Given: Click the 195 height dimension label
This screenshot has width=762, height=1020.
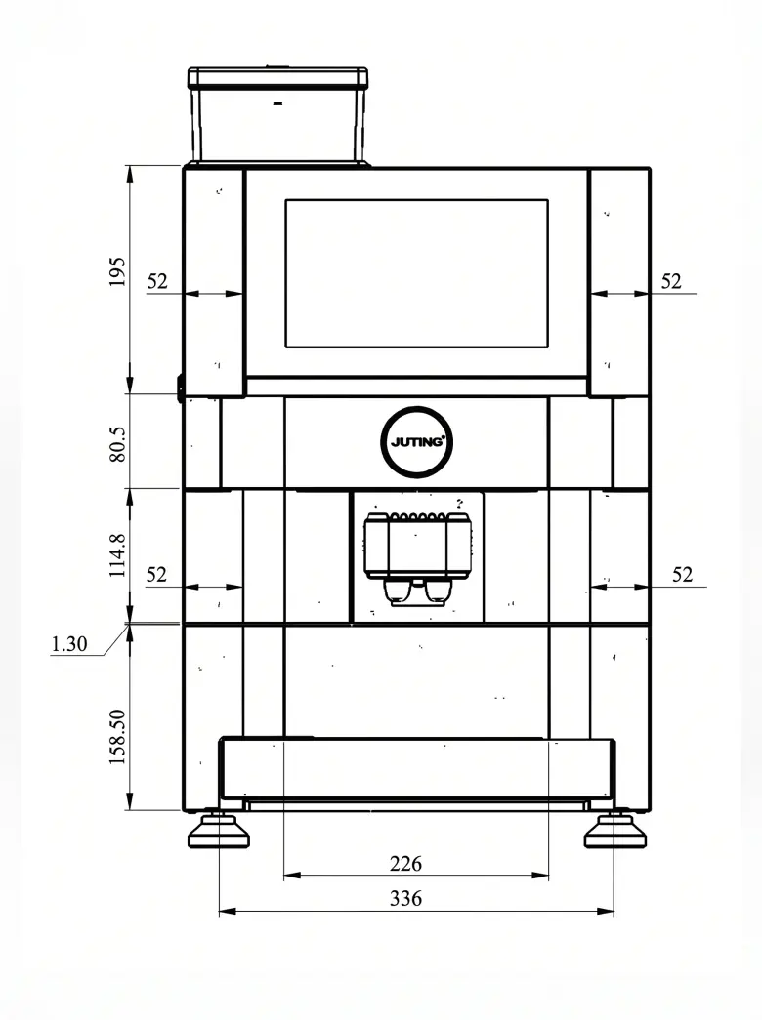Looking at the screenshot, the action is [x=116, y=272].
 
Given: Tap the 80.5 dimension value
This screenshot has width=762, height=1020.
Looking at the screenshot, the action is [x=117, y=444].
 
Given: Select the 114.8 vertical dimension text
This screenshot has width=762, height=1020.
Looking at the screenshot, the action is [x=117, y=555].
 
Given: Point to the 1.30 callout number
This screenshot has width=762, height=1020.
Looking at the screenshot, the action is [x=69, y=644].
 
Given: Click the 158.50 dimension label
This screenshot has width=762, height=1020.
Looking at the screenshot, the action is [x=117, y=736].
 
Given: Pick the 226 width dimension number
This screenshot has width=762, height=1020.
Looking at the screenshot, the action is [x=405, y=863].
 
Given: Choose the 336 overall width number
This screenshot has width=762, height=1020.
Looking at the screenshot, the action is [x=405, y=898].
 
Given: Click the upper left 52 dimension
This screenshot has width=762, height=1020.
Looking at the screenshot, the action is [x=157, y=281].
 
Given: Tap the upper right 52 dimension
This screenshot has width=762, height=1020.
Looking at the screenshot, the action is [x=671, y=281].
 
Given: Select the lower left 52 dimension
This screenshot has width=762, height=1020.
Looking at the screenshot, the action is [x=156, y=574].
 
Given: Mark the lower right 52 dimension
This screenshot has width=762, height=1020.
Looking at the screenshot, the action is [x=683, y=574].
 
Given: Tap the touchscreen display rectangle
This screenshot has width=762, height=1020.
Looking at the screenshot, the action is [x=417, y=273].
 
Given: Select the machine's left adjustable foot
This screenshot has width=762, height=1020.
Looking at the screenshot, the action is [x=219, y=831].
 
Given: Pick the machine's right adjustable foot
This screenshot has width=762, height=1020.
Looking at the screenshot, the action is [x=614, y=831].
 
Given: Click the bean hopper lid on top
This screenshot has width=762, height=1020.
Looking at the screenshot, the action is [x=277, y=77].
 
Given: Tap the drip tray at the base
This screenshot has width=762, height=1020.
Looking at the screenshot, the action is [x=417, y=768].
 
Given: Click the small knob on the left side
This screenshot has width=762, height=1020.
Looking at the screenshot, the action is [x=180, y=388].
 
